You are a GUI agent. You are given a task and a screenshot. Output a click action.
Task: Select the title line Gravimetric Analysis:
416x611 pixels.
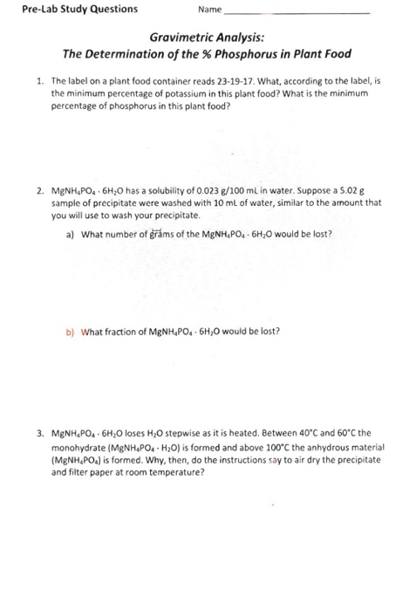[x=208, y=39]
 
